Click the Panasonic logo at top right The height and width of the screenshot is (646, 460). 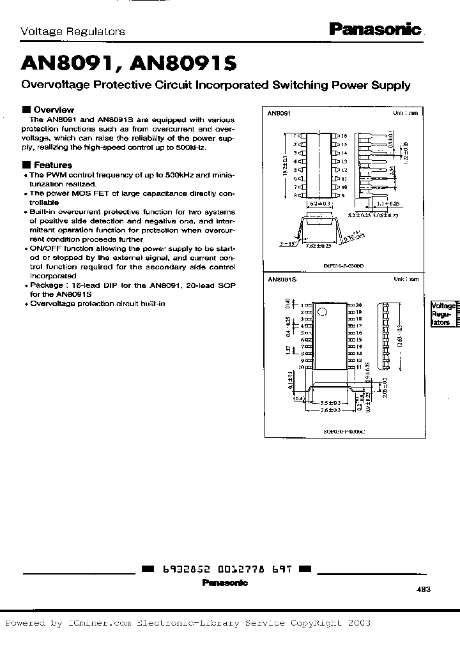[x=376, y=28]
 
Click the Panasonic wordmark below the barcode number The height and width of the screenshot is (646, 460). [x=225, y=582]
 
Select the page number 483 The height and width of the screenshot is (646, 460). [x=423, y=591]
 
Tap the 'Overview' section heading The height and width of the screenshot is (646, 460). [x=53, y=109]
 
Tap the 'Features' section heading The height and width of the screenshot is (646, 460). [x=52, y=164]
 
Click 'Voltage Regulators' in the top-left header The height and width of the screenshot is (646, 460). [x=73, y=31]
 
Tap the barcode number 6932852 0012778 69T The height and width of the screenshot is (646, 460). [x=226, y=569]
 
